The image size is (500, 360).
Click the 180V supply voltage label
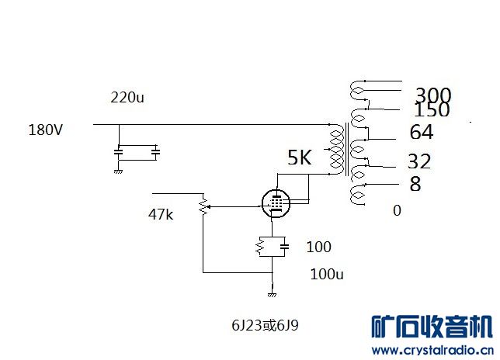(x=45, y=130)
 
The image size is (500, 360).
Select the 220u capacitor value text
(x=127, y=97)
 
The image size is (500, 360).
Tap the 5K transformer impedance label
(x=300, y=157)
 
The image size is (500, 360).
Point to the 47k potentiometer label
(x=161, y=214)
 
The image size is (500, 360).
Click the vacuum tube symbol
(x=276, y=203)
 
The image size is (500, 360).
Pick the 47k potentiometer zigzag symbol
(x=203, y=206)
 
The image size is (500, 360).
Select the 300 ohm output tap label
(x=433, y=95)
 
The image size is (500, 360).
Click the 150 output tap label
(x=432, y=109)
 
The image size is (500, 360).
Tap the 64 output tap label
(x=422, y=132)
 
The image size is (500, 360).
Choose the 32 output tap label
(x=419, y=161)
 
